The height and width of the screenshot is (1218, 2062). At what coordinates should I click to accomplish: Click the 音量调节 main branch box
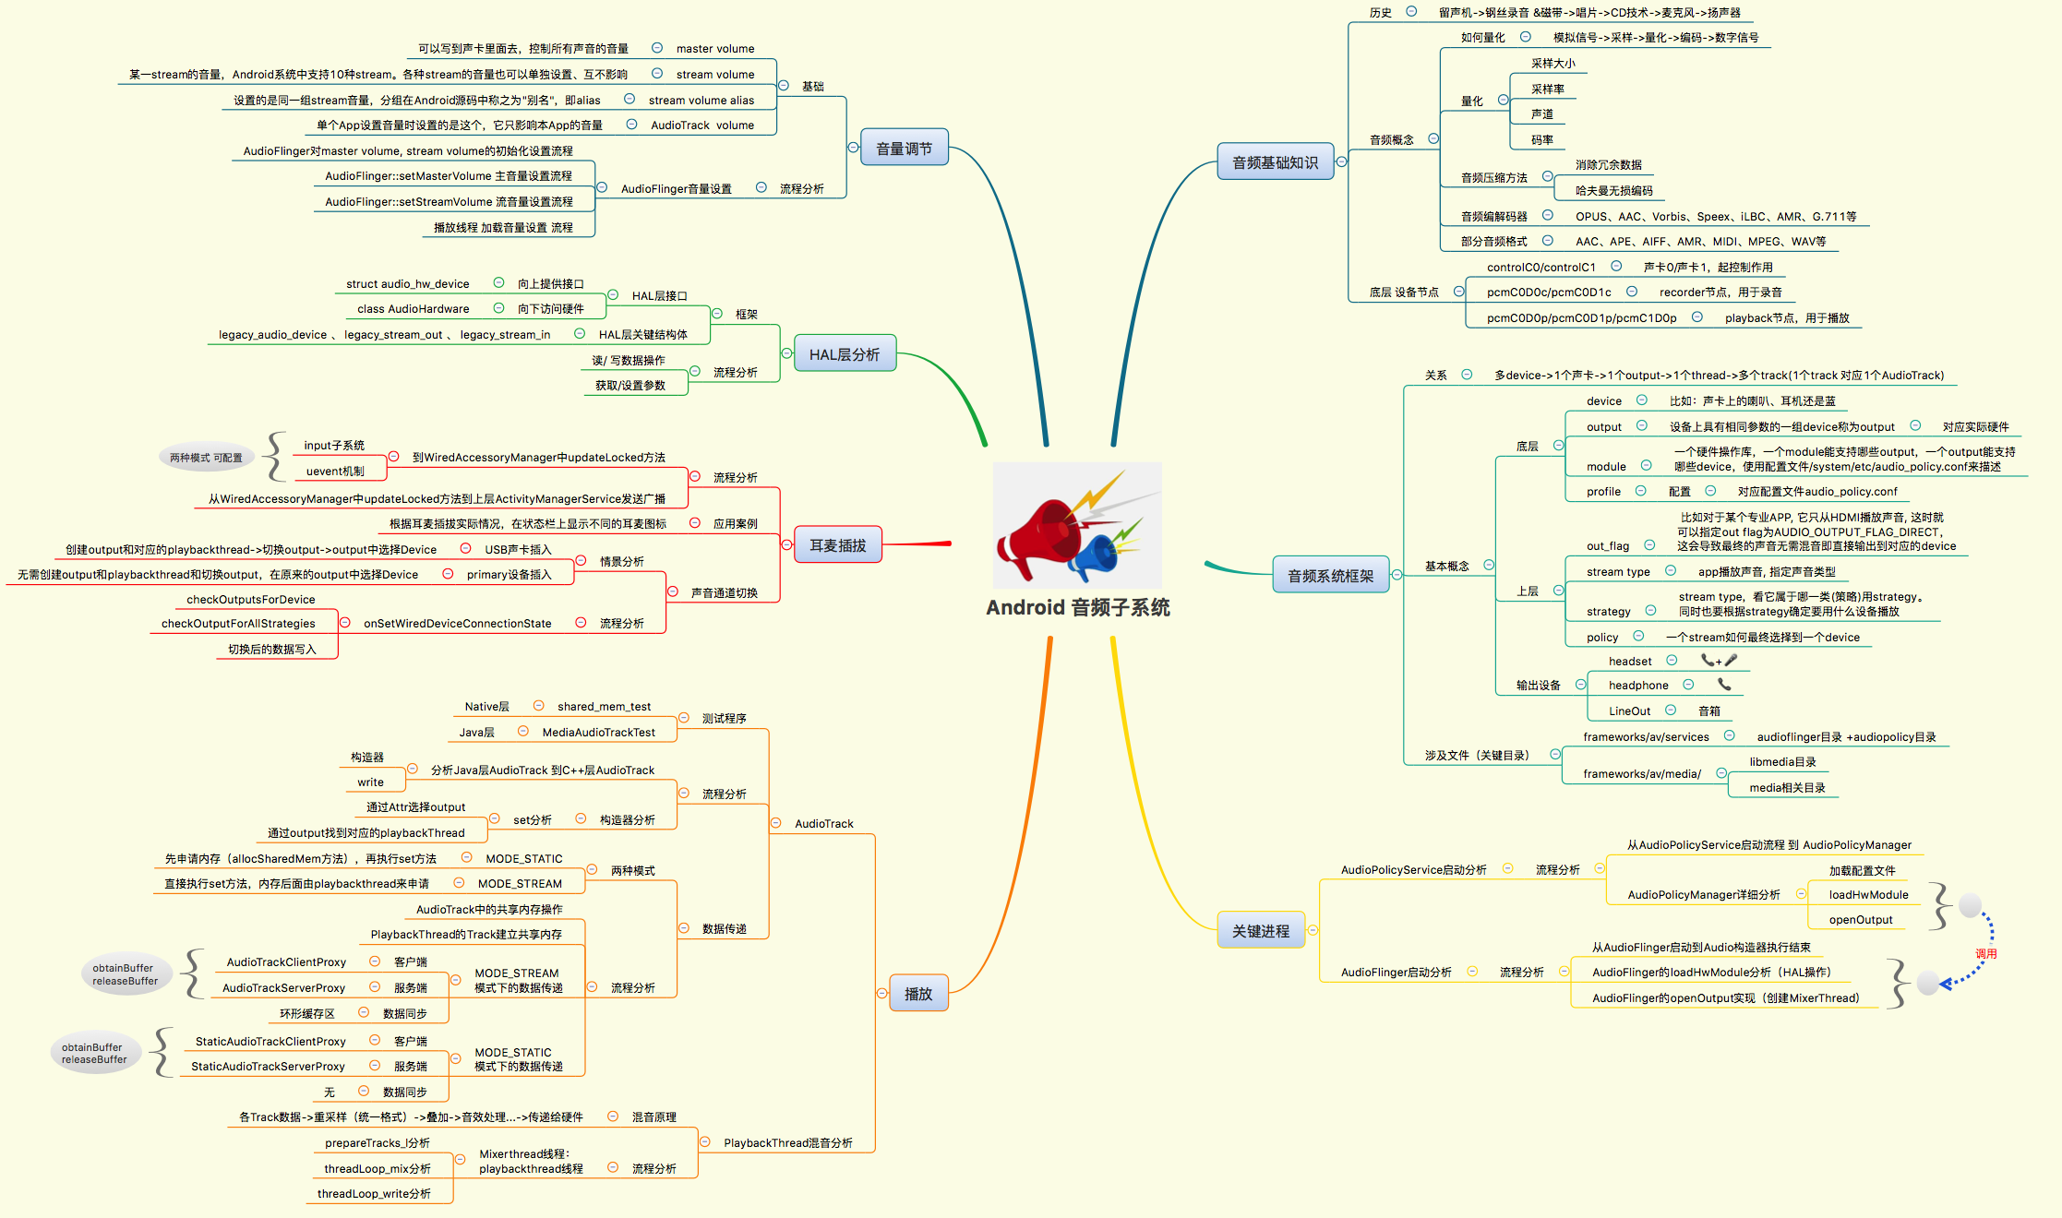pos(904,149)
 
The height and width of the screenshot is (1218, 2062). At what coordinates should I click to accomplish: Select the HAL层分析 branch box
pos(844,354)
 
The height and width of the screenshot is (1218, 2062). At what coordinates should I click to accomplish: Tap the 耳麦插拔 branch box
pos(837,545)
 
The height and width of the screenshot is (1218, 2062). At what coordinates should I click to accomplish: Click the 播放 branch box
pos(917,994)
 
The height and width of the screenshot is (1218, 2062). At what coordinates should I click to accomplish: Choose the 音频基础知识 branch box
pos(1275,162)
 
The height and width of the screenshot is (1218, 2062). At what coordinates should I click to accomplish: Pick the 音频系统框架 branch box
pos(1330,576)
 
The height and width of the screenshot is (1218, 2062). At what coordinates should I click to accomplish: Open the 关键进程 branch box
pos(1261,931)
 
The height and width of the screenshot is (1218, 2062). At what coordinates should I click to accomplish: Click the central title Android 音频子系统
pos(1077,607)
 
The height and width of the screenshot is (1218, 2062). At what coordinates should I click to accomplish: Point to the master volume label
pos(714,49)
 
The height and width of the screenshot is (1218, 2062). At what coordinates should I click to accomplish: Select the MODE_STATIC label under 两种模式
pos(523,858)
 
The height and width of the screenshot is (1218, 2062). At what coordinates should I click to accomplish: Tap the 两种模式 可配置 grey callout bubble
pos(206,458)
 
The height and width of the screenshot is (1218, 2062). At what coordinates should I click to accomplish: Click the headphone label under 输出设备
pos(1637,686)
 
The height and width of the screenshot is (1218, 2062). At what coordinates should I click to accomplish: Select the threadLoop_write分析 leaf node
pos(374,1194)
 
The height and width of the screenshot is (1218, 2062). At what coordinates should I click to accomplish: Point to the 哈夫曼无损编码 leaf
pos(1613,191)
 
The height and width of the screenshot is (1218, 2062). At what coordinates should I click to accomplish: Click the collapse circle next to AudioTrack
pos(775,823)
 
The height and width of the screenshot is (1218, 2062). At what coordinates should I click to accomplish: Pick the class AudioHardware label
pos(413,309)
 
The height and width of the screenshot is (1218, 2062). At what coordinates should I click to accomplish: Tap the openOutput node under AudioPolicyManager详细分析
pos(1860,920)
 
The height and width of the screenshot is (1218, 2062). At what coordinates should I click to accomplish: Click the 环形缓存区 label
pos(306,1013)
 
